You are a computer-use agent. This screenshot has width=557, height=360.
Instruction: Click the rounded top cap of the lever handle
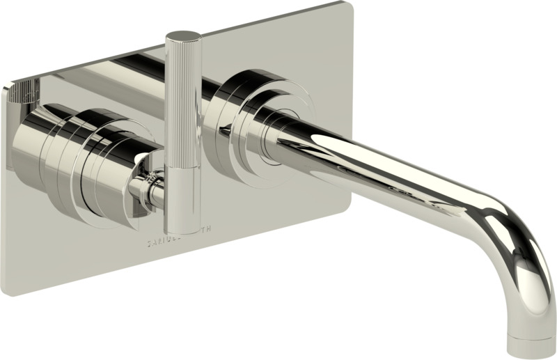pyautogui.click(x=183, y=35)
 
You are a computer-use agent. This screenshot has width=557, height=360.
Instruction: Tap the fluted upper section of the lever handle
pyautogui.click(x=183, y=97)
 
